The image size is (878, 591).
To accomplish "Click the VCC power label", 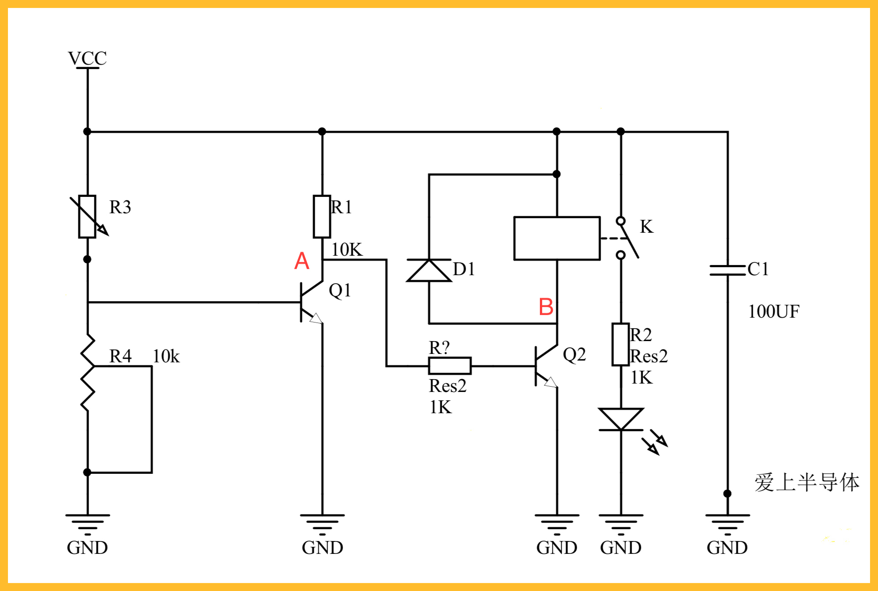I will click(x=87, y=58).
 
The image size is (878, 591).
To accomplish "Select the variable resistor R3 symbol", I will click(x=88, y=217).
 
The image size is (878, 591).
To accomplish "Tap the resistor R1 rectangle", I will click(x=322, y=217).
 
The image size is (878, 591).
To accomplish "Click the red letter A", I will click(x=302, y=261).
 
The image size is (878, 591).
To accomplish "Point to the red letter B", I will click(x=546, y=307).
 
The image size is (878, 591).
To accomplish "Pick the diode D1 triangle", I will click(x=429, y=270).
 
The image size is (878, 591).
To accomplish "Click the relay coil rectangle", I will click(x=557, y=238).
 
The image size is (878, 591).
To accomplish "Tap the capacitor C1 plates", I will click(x=728, y=270).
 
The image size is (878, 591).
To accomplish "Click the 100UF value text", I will click(x=774, y=311).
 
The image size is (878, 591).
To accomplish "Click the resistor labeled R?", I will click(x=450, y=366).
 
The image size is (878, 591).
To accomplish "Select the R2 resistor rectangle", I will click(x=621, y=345).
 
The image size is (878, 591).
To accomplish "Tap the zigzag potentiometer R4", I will click(x=88, y=372).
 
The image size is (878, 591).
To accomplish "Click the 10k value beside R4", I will click(x=166, y=356).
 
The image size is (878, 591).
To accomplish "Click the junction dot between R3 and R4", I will click(x=87, y=259).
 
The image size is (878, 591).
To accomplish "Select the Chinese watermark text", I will click(x=807, y=482).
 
